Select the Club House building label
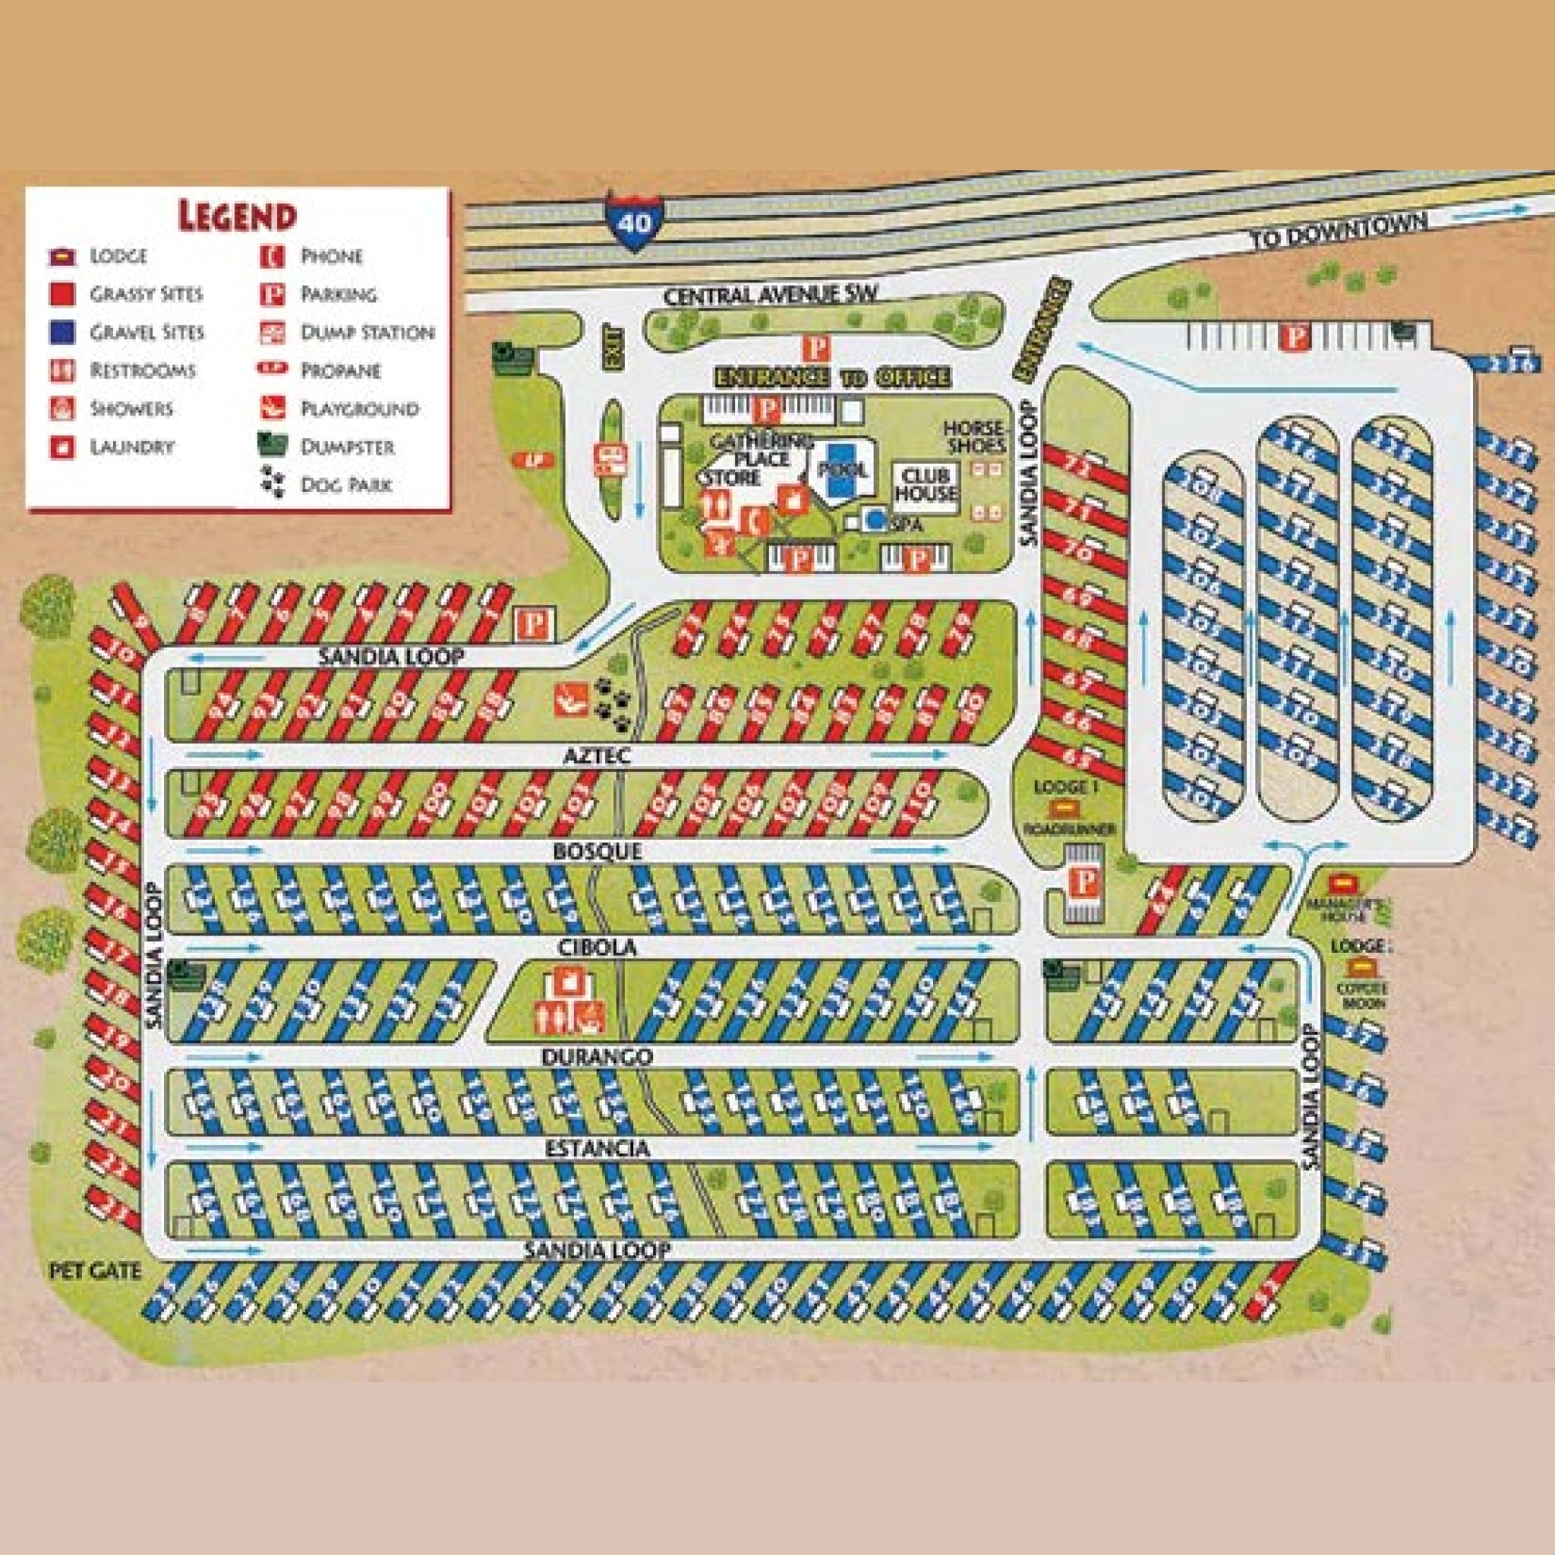coord(929,484)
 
